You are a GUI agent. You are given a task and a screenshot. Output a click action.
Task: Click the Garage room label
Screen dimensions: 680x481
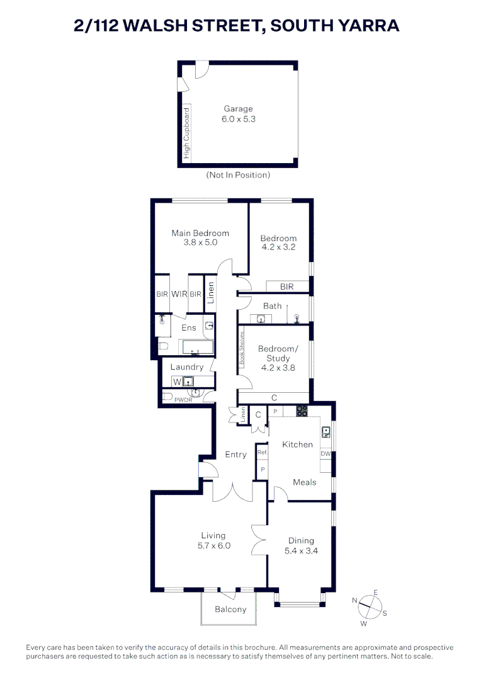[238, 108]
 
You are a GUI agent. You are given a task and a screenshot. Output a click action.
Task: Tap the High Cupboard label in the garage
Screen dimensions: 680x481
[186, 133]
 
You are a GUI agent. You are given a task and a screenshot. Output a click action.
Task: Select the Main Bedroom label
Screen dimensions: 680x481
[200, 233]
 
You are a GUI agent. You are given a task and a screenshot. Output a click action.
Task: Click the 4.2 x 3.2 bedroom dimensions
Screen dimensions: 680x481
[278, 247]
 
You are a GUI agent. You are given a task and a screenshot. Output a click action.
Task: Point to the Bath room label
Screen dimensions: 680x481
[273, 306]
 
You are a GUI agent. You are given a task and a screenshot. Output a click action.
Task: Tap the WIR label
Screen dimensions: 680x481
[179, 294]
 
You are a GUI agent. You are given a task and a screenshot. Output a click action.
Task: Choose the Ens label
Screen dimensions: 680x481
[189, 327]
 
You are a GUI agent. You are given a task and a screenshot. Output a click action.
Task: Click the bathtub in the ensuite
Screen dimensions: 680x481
[198, 347]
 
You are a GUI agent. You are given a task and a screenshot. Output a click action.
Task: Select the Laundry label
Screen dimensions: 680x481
[188, 367]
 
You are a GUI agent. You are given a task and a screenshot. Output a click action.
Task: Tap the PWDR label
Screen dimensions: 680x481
[183, 400]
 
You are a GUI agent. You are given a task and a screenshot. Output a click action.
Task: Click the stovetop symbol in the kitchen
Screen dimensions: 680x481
[302, 412]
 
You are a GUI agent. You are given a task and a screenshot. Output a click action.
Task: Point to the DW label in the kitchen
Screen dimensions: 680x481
[325, 454]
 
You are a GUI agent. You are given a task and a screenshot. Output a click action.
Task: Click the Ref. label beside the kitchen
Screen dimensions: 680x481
[263, 452]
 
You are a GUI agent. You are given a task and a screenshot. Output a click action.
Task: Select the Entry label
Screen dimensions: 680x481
[236, 455]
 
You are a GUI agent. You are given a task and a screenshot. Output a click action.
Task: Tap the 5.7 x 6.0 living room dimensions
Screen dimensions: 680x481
[213, 545]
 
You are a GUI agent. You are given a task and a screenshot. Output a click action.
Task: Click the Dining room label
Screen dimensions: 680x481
[301, 540]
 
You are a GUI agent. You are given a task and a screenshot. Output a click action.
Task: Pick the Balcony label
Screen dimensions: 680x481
[230, 609]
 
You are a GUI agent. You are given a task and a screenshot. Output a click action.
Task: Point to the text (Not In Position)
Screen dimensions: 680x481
[238, 175]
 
